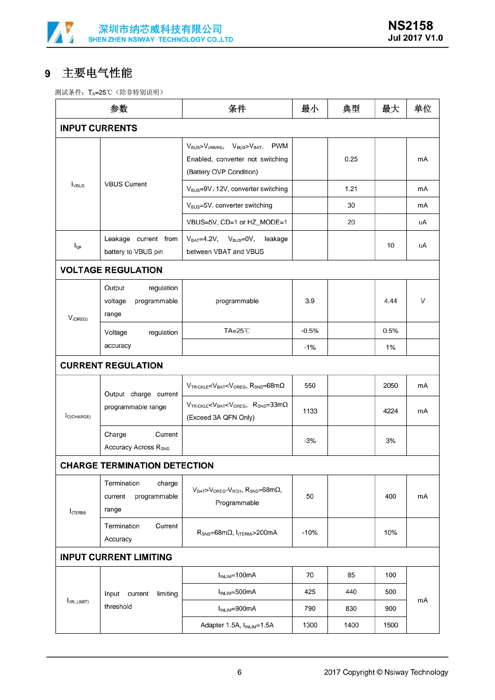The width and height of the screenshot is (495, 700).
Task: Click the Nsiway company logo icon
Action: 60,32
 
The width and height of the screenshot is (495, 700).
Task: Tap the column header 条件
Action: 237,109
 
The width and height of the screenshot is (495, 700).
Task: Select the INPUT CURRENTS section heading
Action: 98,128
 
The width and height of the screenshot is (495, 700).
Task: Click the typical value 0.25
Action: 351,159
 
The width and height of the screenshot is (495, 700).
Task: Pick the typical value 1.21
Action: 351,189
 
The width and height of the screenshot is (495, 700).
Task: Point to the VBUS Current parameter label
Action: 126,184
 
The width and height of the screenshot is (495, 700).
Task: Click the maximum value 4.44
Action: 390,301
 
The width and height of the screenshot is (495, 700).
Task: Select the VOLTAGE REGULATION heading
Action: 111,270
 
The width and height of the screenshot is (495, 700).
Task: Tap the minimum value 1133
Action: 310,411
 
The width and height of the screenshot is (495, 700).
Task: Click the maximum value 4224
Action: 390,411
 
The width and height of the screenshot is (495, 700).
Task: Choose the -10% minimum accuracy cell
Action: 310,532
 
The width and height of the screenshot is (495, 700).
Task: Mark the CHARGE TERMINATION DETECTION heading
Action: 137,466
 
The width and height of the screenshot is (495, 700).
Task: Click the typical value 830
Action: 351,608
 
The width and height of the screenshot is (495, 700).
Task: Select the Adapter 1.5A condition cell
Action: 237,625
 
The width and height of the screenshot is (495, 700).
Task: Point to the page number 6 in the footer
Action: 239,672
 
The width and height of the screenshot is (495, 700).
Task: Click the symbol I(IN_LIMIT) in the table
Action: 78,601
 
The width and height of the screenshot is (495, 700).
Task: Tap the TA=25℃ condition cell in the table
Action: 237,331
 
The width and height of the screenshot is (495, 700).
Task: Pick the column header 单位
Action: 423,109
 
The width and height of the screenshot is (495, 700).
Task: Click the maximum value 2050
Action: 390,385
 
